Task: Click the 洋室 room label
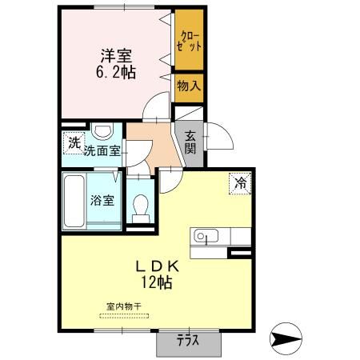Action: point(117,56)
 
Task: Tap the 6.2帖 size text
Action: point(117,73)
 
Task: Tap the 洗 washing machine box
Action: point(74,143)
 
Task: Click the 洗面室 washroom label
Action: point(102,149)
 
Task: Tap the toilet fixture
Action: point(141,206)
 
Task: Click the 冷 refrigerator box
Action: point(240,183)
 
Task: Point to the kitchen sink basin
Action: point(201,237)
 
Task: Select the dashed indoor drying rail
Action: point(128,315)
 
